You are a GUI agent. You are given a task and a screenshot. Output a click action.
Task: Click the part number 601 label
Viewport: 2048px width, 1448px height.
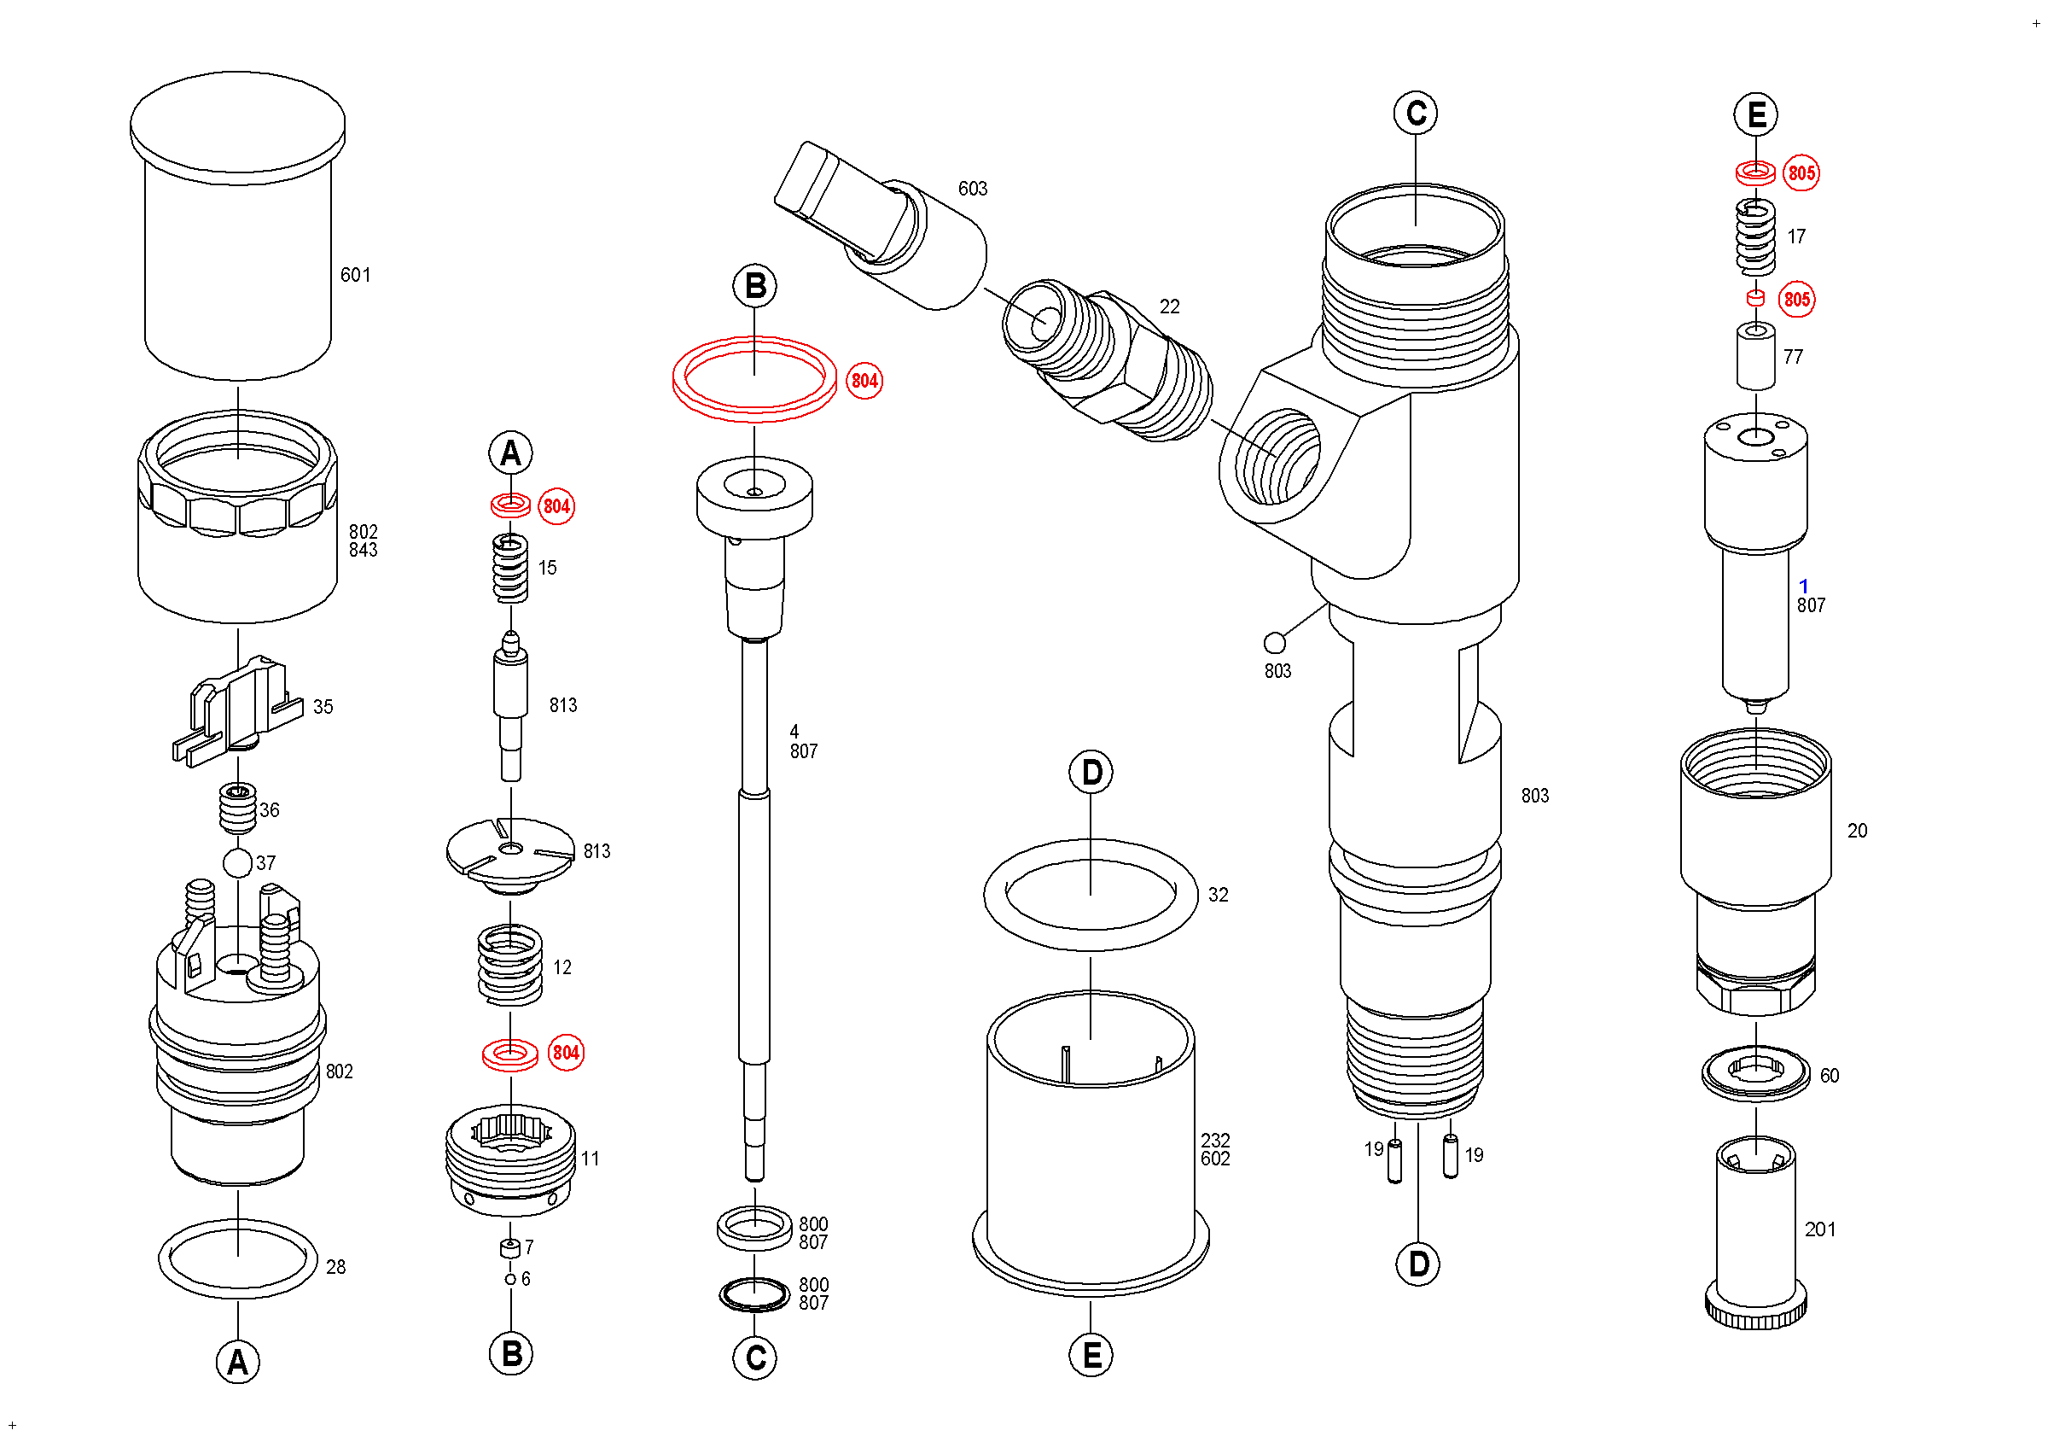355,275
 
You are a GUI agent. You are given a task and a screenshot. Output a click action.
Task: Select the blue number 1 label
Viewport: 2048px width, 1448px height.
1803,587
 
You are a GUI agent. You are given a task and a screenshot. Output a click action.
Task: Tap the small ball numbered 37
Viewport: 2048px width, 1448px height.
237,862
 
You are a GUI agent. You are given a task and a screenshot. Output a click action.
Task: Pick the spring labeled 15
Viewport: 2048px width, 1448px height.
510,568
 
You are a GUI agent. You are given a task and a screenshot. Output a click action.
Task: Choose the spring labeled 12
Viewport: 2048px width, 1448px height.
510,966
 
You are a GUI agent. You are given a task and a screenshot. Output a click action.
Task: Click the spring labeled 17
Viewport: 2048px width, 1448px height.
1755,236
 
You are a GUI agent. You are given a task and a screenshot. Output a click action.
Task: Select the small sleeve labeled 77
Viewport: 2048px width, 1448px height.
1755,357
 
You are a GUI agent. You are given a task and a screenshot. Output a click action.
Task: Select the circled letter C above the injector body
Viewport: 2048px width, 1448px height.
1416,114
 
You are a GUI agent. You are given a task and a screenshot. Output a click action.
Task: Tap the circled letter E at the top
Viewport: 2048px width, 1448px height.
1755,115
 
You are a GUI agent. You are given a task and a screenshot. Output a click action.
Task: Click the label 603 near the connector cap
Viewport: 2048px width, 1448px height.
972,188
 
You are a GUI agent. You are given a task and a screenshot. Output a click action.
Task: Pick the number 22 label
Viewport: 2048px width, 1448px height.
1168,306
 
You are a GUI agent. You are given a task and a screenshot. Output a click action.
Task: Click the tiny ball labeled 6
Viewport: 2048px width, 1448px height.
510,1278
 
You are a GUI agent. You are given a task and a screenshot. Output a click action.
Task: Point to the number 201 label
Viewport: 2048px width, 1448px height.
1819,1229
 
